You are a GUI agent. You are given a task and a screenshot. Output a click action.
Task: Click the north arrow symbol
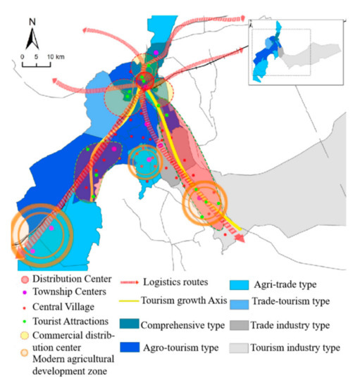pyautogui.click(x=32, y=37)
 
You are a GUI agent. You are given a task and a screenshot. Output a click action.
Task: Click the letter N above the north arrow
pyautogui.click(x=32, y=20)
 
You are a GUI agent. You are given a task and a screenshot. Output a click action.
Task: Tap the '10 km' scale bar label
pyautogui.click(x=54, y=56)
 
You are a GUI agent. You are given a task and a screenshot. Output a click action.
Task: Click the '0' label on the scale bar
pyautogui.click(x=23, y=56)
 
